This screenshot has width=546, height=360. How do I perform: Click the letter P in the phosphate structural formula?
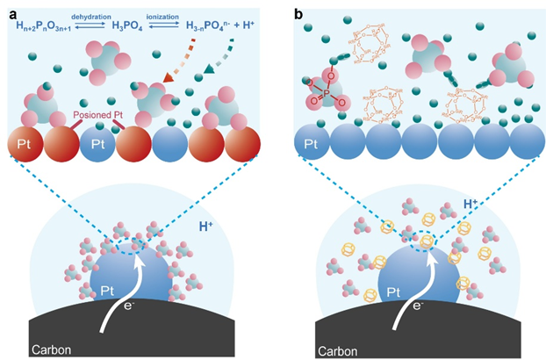pos(320,90)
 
